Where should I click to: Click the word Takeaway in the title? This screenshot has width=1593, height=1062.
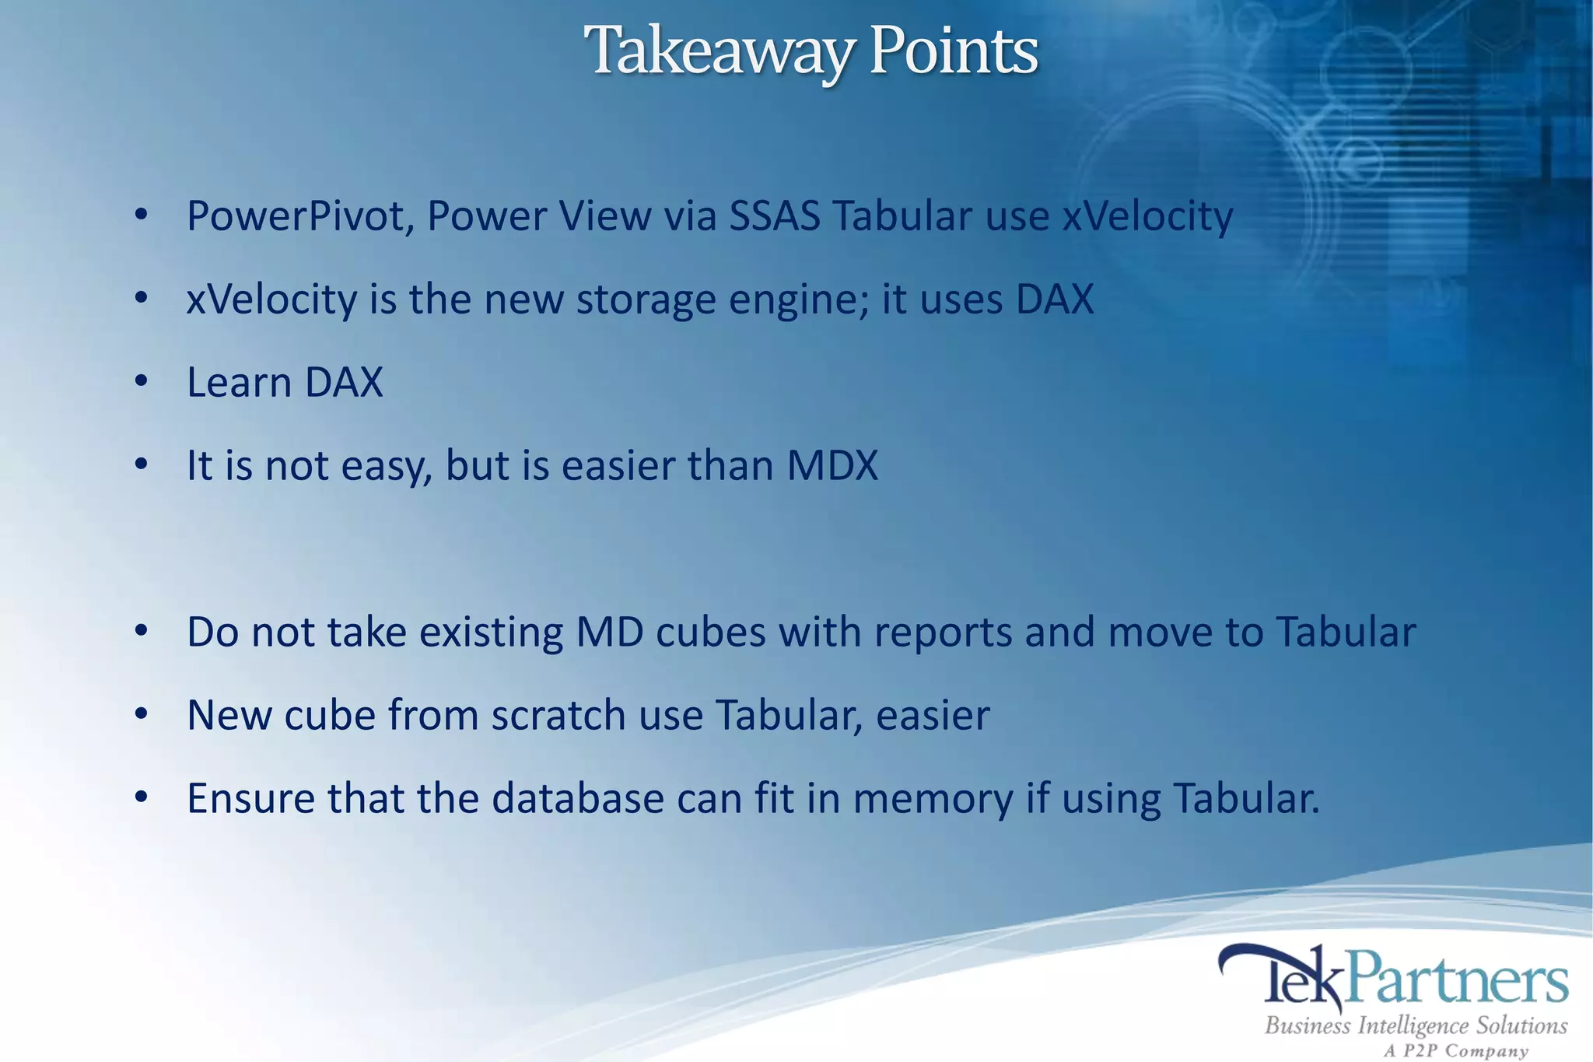coord(720,51)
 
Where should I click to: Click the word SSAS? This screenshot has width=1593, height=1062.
coord(775,216)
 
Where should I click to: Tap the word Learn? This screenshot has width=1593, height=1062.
coord(239,383)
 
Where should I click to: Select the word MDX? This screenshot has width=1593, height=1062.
coord(832,466)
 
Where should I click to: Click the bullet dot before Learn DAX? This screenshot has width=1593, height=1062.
coord(141,382)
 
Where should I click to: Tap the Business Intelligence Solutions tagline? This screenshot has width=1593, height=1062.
coord(1416,1026)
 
